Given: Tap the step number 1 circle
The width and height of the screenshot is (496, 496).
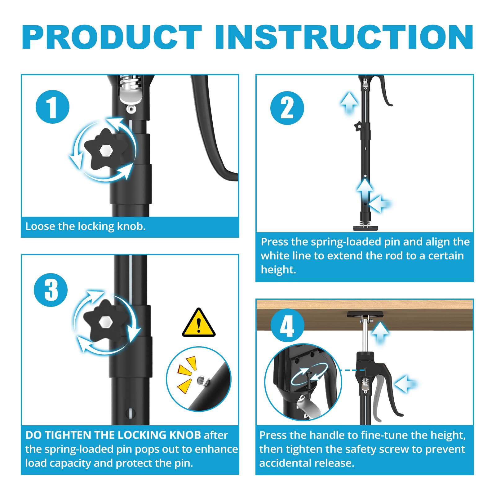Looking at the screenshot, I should click(52, 107).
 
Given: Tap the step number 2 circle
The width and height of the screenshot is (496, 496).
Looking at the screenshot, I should click(287, 108).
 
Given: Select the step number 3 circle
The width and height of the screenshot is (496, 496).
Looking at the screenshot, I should click(51, 290).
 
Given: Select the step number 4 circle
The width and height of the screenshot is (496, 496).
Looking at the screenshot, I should click(287, 325).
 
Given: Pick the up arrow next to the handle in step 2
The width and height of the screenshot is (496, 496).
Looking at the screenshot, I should click(349, 102).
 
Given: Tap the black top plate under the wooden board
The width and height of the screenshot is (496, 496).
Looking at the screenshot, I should click(365, 315).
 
